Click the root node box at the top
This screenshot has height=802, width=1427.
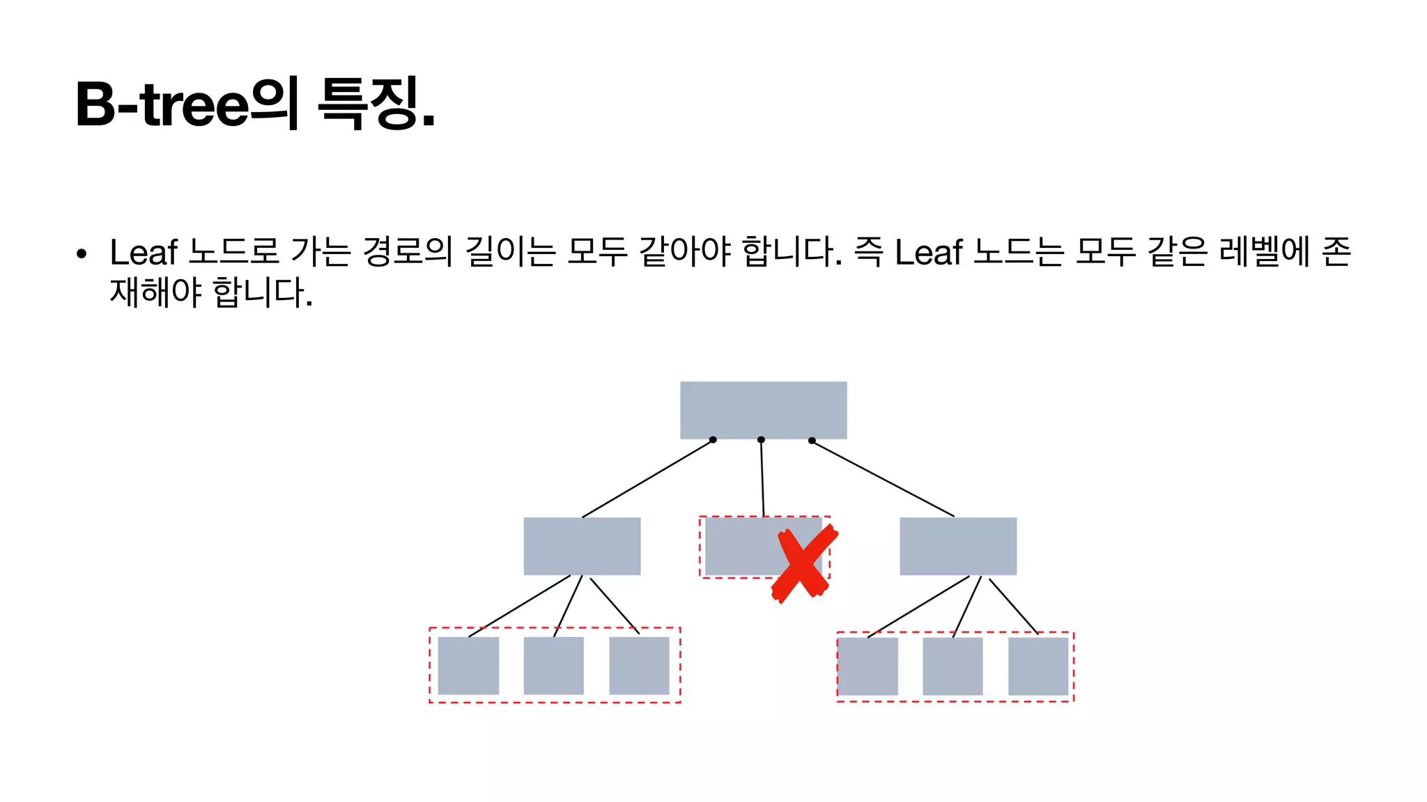pyautogui.click(x=763, y=409)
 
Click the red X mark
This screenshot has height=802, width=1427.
pyautogui.click(x=804, y=564)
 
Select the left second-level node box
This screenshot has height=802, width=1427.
pyautogui.click(x=582, y=546)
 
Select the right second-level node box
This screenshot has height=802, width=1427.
pyautogui.click(x=958, y=546)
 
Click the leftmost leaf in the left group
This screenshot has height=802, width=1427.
pyautogui.click(x=468, y=666)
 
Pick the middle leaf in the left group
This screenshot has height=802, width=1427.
pyautogui.click(x=553, y=666)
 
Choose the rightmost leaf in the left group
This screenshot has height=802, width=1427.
pyautogui.click(x=639, y=666)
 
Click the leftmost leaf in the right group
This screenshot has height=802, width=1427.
pyautogui.click(x=867, y=666)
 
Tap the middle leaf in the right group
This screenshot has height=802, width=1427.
pyautogui.click(x=952, y=666)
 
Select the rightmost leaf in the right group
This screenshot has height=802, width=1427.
pyautogui.click(x=1038, y=666)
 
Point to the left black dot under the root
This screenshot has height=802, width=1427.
pyautogui.click(x=713, y=439)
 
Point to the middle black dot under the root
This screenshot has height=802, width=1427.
pyautogui.click(x=761, y=439)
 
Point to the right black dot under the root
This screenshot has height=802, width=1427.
pyautogui.click(x=812, y=440)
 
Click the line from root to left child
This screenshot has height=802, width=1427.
pyautogui.click(x=648, y=478)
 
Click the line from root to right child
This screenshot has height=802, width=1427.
pyautogui.click(x=883, y=478)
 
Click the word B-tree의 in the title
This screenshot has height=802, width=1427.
pyautogui.click(x=187, y=104)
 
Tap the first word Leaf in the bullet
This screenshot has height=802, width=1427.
pyautogui.click(x=144, y=252)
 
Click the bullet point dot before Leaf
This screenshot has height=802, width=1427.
pyautogui.click(x=82, y=254)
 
